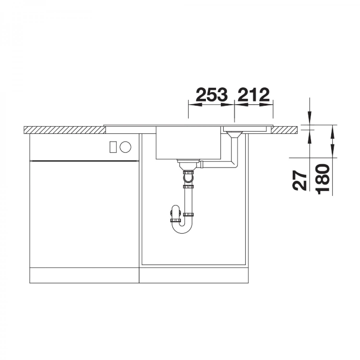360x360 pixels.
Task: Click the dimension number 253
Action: point(212,95)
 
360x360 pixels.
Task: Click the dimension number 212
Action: point(253,95)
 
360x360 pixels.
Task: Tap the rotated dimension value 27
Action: point(300,180)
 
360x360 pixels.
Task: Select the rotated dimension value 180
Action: point(323,179)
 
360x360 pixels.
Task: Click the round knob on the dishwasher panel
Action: point(125,146)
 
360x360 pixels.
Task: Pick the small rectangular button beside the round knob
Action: point(113,147)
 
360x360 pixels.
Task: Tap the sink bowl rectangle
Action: point(188,143)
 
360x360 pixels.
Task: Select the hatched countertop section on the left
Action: point(65,130)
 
